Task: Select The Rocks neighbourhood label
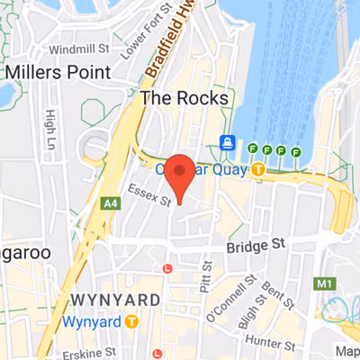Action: (x=184, y=97)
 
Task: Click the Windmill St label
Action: (x=78, y=49)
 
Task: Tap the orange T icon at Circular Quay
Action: (x=258, y=168)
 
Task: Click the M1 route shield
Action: (x=325, y=284)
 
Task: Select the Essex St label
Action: (x=149, y=196)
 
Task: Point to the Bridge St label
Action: (x=255, y=245)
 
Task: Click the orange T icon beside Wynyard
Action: (x=132, y=320)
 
